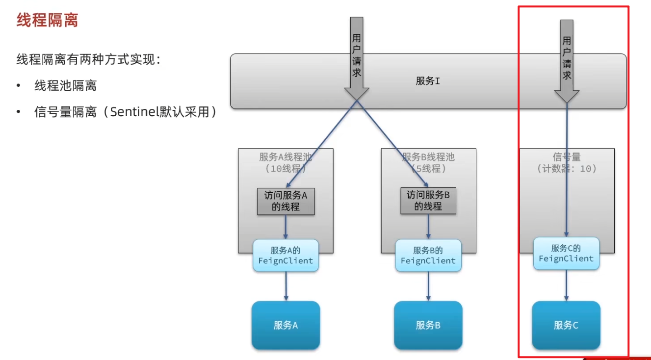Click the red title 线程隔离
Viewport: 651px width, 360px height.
47,20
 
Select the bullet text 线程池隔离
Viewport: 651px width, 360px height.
65,86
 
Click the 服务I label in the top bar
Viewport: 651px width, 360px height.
428,81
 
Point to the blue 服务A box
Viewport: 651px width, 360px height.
286,325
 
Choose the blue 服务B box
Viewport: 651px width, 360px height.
428,325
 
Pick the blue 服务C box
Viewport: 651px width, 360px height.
566,325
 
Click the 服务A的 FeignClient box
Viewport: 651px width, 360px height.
286,256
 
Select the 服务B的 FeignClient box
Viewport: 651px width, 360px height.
428,256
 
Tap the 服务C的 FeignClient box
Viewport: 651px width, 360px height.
566,254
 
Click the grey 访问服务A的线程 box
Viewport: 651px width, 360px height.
286,201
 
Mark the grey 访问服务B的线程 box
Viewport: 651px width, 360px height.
428,201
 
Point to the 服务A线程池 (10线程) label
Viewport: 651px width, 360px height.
286,163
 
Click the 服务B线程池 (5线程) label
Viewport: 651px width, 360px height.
428,163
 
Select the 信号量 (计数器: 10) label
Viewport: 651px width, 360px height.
567,163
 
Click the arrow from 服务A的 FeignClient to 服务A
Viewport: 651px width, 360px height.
286,286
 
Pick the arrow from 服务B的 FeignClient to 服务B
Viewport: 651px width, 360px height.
428,286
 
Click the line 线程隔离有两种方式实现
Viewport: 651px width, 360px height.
88,60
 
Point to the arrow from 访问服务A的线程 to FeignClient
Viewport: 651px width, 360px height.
286,227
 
